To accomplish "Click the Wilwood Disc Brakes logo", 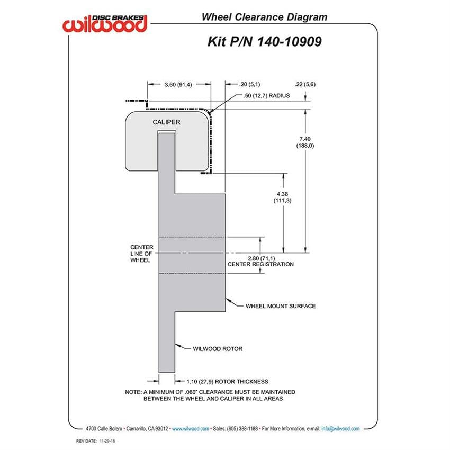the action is pyautogui.click(x=105, y=23).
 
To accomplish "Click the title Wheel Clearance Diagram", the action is pyautogui.click(x=264, y=17).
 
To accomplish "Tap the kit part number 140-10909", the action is pyautogui.click(x=289, y=42).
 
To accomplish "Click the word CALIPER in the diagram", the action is pyautogui.click(x=166, y=122).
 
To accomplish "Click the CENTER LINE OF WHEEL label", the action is pyautogui.click(x=141, y=254).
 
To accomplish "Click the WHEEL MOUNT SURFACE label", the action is pyautogui.click(x=281, y=306).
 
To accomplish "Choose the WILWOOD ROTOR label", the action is pyautogui.click(x=218, y=349).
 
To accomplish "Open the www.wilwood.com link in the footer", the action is pyautogui.click(x=190, y=429).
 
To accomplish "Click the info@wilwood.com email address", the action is pyautogui.click(x=340, y=429).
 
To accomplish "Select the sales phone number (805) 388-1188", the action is pyautogui.click(x=242, y=429).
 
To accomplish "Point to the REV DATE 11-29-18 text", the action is pyautogui.click(x=95, y=441).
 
